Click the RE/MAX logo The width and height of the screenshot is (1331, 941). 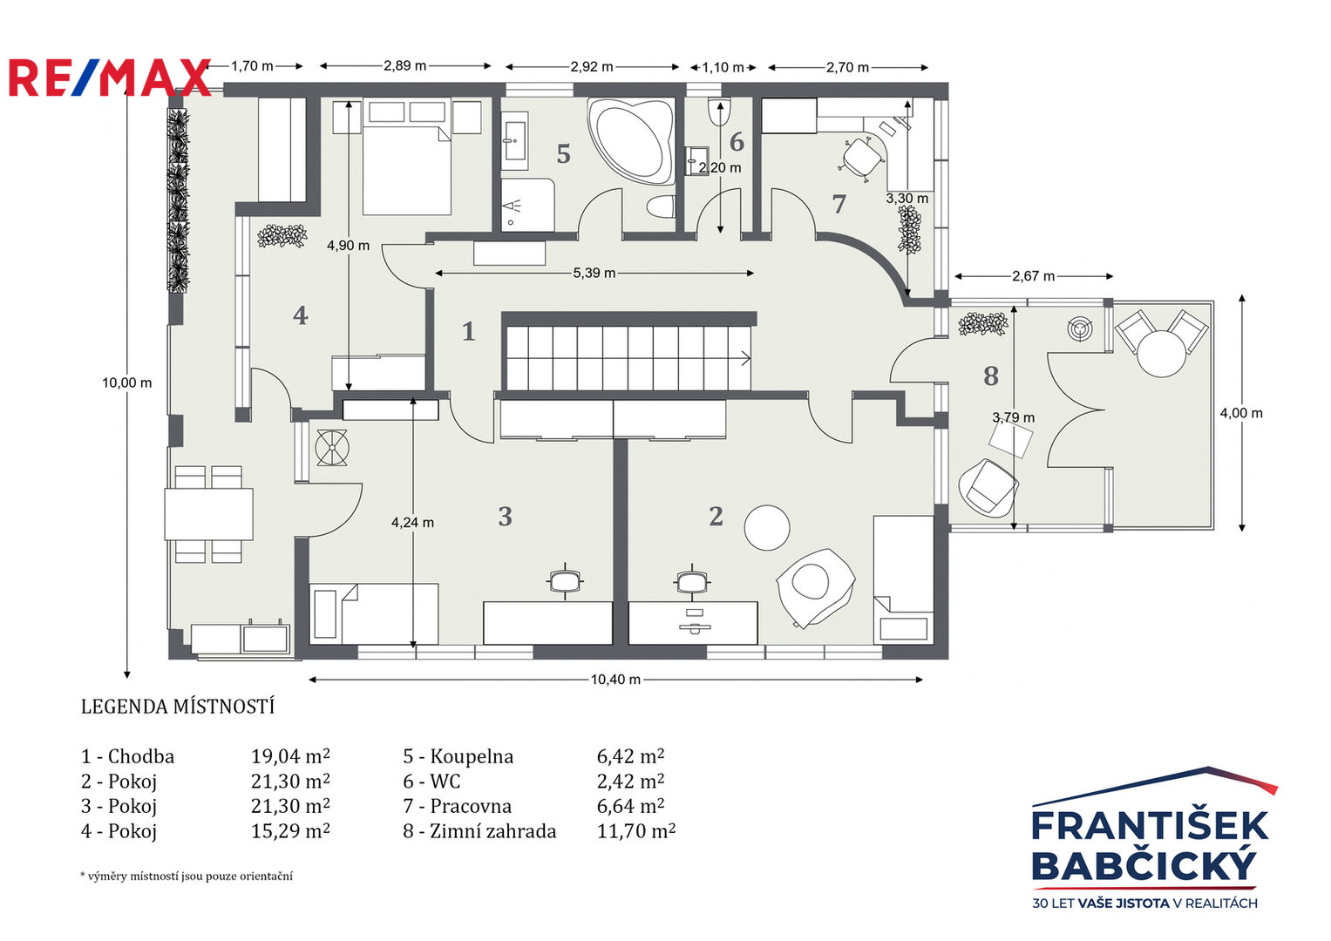coord(110,78)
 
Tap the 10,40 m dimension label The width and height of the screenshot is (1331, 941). coord(615,679)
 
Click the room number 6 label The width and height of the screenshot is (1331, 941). coord(737,141)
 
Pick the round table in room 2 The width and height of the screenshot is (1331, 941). coord(767,527)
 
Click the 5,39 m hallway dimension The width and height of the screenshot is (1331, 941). coord(594,274)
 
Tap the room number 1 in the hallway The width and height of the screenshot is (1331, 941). coord(469,331)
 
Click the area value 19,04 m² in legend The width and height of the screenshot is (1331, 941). coord(290,755)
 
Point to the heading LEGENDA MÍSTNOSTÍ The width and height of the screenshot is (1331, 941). coord(178,707)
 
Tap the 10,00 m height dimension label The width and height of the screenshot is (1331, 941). coord(126,382)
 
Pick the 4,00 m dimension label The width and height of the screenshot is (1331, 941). coord(1241,413)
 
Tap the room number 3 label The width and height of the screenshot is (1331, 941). coord(505,517)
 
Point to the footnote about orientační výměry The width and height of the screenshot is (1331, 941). coord(187,876)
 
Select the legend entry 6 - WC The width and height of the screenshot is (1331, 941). coord(431,781)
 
